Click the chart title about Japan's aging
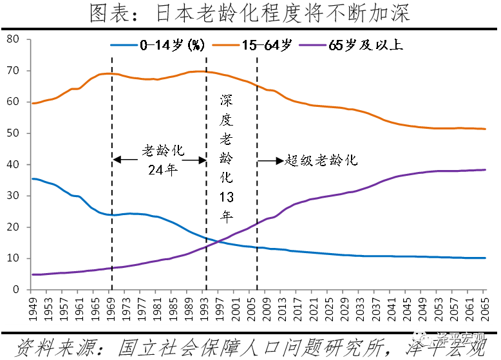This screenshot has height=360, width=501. pyautogui.click(x=250, y=13)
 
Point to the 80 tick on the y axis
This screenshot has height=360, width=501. pyautogui.click(x=14, y=40)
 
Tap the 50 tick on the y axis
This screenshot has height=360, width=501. pyautogui.click(x=14, y=133)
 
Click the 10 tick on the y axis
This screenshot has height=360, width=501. pyautogui.click(x=14, y=258)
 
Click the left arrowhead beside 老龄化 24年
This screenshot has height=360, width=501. pyautogui.click(x=116, y=160)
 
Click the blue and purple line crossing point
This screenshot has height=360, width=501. pyautogui.click(x=217, y=242)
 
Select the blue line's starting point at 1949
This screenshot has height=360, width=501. pyautogui.click(x=32, y=178)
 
